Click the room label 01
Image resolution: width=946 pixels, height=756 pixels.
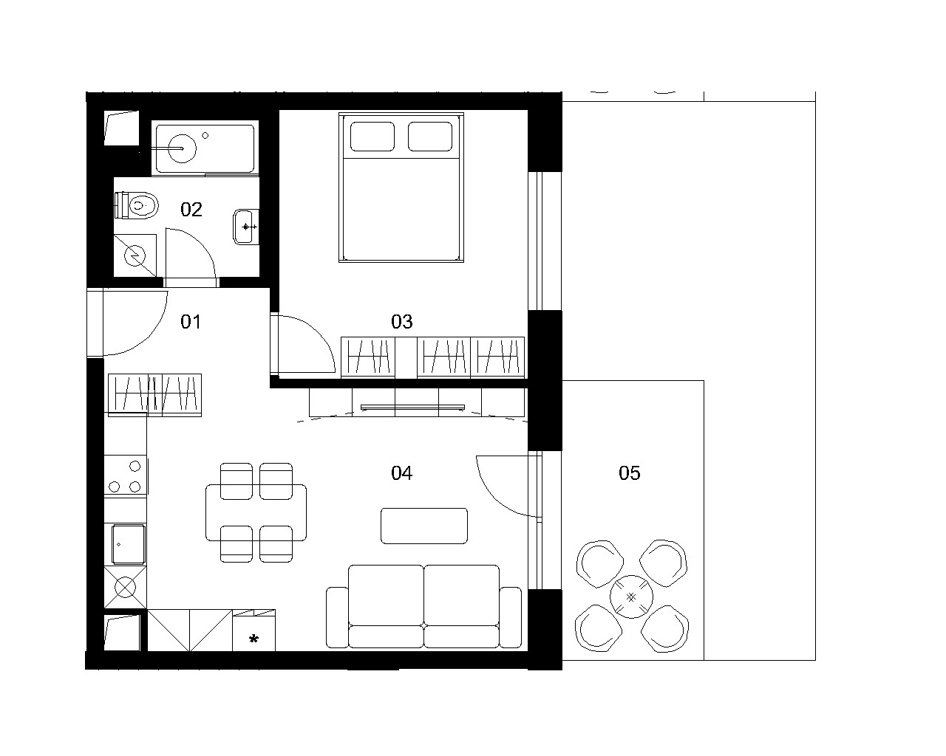click(191, 322)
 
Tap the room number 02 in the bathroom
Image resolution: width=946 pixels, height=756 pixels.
click(191, 210)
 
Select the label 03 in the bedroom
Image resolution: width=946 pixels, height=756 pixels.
click(402, 322)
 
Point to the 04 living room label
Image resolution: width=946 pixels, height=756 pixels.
click(402, 473)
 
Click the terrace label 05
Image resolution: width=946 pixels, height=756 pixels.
click(630, 473)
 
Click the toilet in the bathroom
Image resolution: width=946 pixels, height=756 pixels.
click(136, 205)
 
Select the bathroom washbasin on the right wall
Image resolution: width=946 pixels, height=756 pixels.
click(246, 227)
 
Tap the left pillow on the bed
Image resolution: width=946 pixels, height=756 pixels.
click(372, 137)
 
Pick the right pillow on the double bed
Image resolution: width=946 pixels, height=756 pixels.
click(430, 137)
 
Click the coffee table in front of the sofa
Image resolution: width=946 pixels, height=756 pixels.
click(424, 526)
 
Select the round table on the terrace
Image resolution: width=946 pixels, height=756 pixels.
click(632, 597)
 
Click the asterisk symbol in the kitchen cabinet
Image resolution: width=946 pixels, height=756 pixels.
click(253, 639)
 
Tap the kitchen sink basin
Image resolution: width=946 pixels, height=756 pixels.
click(129, 544)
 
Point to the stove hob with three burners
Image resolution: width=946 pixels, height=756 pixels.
click(126, 476)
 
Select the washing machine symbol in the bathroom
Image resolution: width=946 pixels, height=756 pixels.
click(135, 255)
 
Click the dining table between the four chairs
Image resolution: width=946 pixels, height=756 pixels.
click(256, 512)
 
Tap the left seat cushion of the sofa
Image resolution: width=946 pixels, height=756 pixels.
click(386, 595)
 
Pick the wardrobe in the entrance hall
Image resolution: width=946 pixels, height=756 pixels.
click(154, 395)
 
